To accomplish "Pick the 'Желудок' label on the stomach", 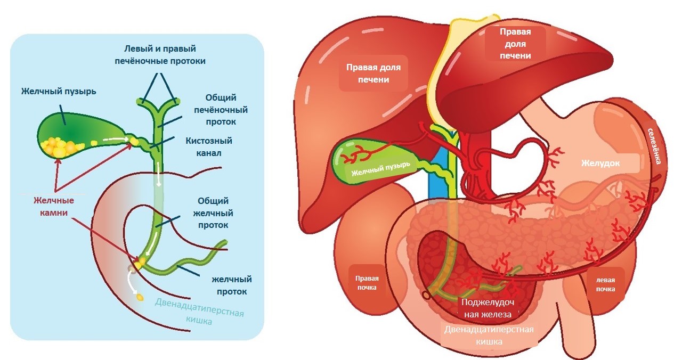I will tap(600, 163).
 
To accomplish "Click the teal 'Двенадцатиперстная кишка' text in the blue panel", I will tap(200, 310).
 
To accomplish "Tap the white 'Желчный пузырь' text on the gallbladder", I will tap(380, 169).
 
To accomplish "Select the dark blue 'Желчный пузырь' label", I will tap(59, 91).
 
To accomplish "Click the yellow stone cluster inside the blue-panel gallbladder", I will tap(58, 147).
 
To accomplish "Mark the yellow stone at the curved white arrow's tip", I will tap(141, 297).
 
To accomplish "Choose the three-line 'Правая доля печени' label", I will tap(515, 44).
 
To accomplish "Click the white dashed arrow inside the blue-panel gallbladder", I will tap(118, 140).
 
